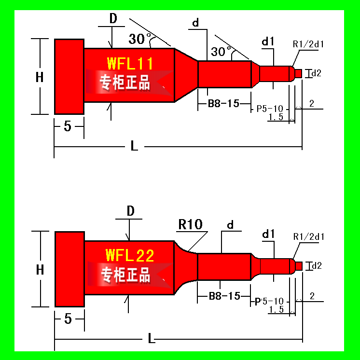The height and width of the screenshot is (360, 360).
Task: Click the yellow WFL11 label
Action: point(130,64)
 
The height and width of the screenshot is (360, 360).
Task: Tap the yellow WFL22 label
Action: point(130,255)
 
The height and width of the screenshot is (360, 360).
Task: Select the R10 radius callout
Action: point(190,224)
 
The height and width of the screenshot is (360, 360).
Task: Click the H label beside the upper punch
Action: point(40,77)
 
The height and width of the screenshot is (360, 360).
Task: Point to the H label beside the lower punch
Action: point(40,270)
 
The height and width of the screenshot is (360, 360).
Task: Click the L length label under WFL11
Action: point(134,146)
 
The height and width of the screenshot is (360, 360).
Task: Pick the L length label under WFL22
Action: point(152,338)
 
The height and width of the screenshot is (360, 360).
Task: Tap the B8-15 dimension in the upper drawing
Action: point(223,104)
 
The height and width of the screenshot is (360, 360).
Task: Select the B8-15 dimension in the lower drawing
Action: point(224,296)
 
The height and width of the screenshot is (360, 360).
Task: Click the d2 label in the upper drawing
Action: point(316,73)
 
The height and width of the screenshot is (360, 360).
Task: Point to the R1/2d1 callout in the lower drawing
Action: point(308,237)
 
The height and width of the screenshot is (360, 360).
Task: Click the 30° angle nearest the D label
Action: point(139,39)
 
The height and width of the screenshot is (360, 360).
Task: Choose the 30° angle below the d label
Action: point(221,52)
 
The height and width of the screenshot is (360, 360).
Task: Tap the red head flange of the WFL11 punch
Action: point(69,77)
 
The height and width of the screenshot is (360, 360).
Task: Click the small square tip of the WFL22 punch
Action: point(298,266)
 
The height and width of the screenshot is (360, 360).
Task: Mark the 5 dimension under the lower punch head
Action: point(68,318)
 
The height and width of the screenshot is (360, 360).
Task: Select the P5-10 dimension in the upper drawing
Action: point(270,109)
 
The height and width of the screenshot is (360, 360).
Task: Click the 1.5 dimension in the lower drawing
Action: point(276,309)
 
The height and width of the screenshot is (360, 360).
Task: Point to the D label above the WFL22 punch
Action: point(130,211)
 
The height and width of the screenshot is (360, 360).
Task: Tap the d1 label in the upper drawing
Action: point(268,42)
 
